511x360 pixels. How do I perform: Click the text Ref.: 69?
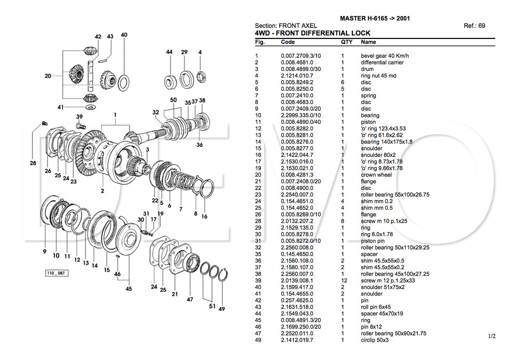(x=474, y=25)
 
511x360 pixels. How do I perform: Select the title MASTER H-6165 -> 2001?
(x=375, y=18)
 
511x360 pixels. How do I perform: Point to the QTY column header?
(x=346, y=42)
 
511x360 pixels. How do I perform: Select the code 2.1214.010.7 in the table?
(x=297, y=76)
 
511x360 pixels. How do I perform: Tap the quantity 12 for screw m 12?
(x=343, y=281)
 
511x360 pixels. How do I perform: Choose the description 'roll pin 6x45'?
(x=377, y=307)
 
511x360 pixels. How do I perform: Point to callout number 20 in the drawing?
(x=48, y=76)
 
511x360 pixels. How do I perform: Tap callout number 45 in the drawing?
(x=128, y=289)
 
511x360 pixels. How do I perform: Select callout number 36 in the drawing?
(x=200, y=145)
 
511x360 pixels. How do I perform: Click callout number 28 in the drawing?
(x=33, y=163)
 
